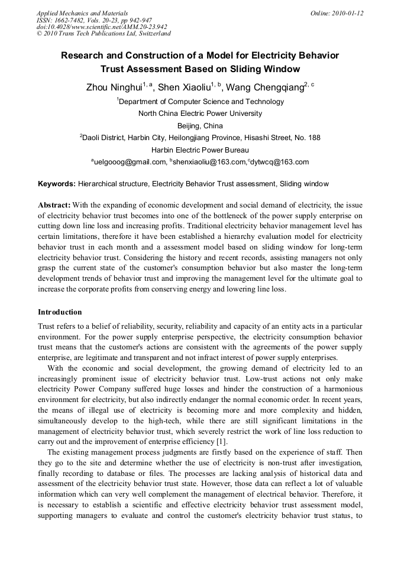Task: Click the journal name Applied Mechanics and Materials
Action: coord(82,13)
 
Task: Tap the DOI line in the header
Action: coord(102,27)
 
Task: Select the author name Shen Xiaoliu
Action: coord(184,88)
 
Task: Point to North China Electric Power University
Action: coord(200,114)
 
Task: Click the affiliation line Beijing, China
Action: coord(200,125)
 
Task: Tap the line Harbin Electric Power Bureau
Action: coord(200,150)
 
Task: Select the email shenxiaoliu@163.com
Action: coord(209,162)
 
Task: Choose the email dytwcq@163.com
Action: coord(280,162)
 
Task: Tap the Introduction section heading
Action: coord(60,312)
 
